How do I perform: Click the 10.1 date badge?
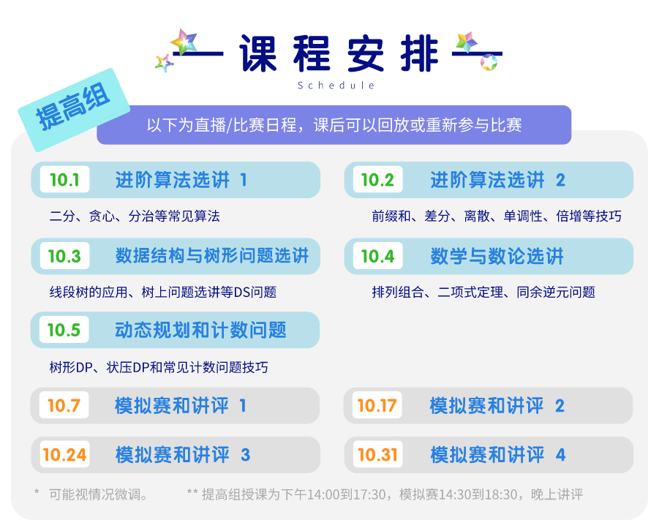(64, 180)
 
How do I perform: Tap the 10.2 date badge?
(378, 180)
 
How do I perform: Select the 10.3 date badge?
(64, 256)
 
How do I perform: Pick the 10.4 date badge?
(378, 256)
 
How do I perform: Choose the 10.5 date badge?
(64, 330)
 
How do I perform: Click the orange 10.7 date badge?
(64, 406)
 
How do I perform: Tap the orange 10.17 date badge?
(377, 406)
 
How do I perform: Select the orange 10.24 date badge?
(64, 454)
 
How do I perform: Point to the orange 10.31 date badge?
(378, 454)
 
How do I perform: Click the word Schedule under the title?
(336, 86)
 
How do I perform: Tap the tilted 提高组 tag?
(74, 109)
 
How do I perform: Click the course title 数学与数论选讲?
(497, 256)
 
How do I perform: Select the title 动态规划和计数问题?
(200, 330)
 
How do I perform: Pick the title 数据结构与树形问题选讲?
(212, 256)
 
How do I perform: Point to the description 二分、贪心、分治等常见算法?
(135, 216)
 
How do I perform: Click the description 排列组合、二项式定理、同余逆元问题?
(483, 292)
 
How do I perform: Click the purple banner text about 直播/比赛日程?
(334, 125)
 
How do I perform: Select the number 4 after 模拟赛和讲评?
(560, 455)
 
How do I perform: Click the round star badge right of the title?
(489, 62)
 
